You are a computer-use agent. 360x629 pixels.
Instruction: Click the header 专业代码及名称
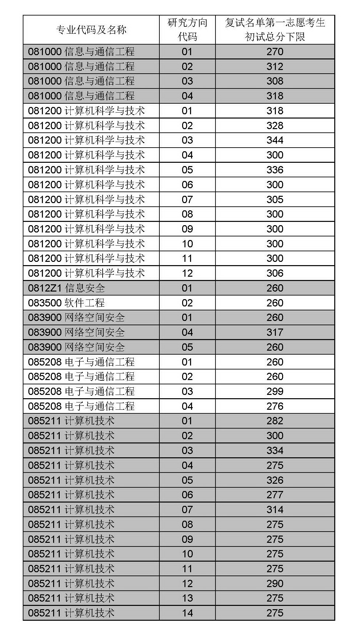91,30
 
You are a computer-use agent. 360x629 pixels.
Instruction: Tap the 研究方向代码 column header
187,30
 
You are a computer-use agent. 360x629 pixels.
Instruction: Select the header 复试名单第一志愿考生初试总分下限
275,30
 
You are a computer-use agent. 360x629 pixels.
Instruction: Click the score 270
275,52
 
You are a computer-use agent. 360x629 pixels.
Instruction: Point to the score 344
275,140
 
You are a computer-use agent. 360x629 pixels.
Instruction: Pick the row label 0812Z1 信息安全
67,288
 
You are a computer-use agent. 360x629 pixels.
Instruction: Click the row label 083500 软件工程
66,303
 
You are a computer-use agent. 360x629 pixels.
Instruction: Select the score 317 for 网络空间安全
275,332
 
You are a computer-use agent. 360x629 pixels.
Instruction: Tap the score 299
275,391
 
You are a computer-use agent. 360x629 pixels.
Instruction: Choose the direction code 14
187,613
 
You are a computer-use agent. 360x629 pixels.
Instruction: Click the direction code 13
187,598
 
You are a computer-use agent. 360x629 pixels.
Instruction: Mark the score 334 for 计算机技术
275,450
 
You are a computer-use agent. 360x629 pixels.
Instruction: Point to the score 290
275,583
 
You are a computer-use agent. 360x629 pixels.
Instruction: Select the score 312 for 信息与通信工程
275,66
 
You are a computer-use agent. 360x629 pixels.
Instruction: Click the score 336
275,170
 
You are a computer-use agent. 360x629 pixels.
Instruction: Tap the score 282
275,421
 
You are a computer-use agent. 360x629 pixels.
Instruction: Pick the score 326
275,480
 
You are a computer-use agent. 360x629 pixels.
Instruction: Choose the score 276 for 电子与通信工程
275,406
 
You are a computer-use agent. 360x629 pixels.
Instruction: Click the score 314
275,509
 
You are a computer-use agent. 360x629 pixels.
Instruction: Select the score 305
275,199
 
